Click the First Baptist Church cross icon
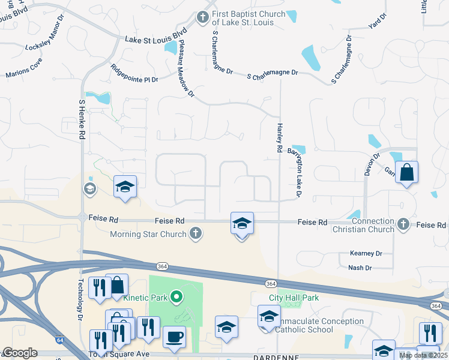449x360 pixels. (203, 17)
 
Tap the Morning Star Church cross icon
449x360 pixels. (195, 233)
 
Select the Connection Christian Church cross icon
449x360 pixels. (403, 224)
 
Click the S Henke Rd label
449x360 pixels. (82, 119)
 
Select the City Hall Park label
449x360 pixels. (294, 298)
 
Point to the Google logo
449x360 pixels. (20, 353)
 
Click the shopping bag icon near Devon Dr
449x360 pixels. (406, 172)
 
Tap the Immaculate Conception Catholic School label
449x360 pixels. (321, 325)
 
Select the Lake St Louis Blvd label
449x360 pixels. (156, 39)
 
